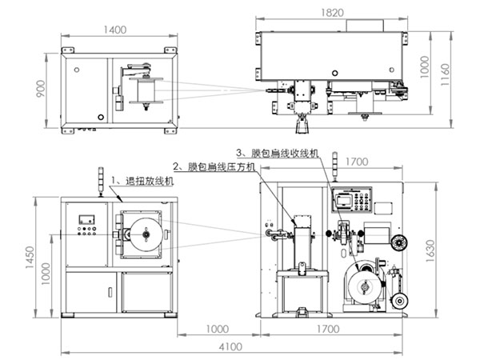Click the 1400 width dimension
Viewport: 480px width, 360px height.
(x=114, y=30)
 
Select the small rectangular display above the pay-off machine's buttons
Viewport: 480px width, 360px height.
(x=86, y=218)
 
